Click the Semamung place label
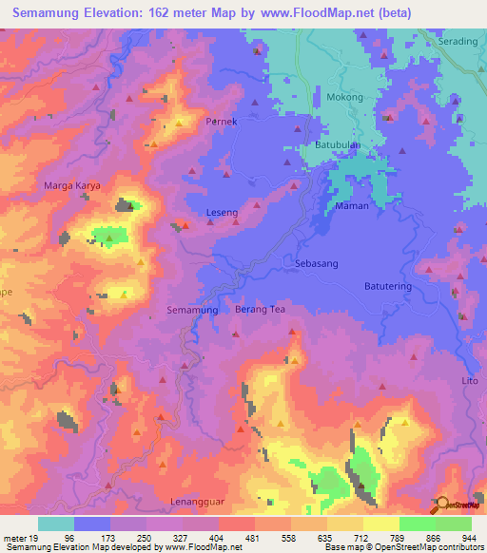pos(193,311)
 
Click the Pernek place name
pos(221,123)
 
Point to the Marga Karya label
pos(72,186)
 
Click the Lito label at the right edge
pos(471,379)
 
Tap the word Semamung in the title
pos(56,13)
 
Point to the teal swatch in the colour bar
pos(56,524)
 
